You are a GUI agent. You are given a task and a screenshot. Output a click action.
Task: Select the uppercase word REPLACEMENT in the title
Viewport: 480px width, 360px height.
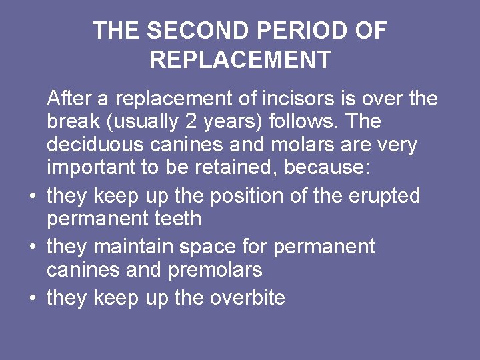point(240,60)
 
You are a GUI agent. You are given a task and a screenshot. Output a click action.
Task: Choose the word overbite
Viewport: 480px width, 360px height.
point(247,297)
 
